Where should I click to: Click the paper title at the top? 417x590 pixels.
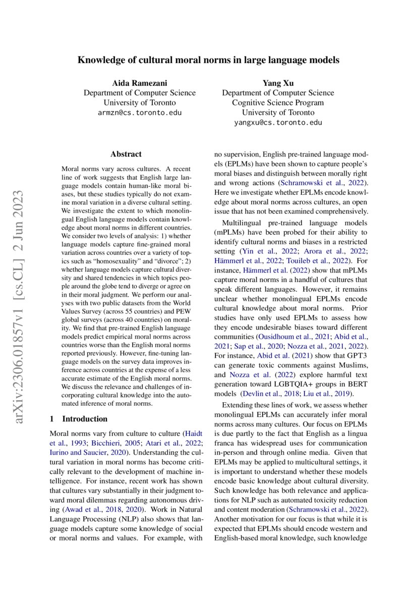tap(208, 60)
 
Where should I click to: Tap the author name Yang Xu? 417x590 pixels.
tap(278, 83)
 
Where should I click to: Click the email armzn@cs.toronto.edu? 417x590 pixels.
tap(139, 113)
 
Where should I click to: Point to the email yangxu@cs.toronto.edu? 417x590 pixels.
tap(278, 123)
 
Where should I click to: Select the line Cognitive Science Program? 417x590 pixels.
tap(278, 102)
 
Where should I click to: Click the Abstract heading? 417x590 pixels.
tap(126, 154)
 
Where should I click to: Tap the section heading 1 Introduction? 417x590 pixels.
tap(79, 418)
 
